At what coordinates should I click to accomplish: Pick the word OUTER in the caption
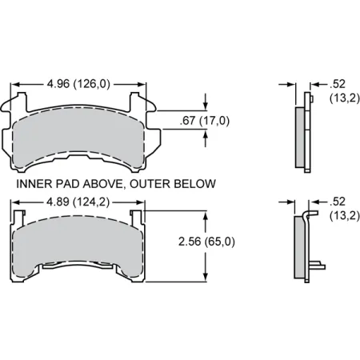(x=148, y=183)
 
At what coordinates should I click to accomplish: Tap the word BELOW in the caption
(x=194, y=183)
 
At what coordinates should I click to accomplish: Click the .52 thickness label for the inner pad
(x=338, y=84)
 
